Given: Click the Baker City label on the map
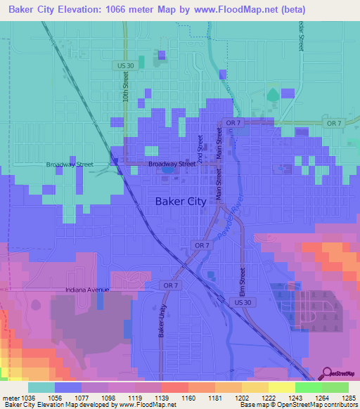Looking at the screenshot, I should [x=180, y=202].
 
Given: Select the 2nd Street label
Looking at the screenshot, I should [x=200, y=148].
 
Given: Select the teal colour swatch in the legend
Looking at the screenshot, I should [x=41, y=387].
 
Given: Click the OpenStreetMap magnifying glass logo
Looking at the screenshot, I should [x=328, y=373].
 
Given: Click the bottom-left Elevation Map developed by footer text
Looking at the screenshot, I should [x=88, y=405].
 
